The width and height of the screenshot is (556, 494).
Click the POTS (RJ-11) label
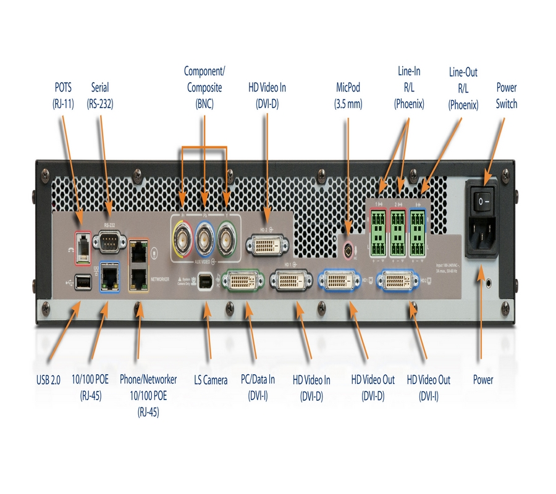(x=63, y=96)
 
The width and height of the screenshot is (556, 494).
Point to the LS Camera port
(x=208, y=282)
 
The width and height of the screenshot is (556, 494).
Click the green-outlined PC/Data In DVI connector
(x=246, y=282)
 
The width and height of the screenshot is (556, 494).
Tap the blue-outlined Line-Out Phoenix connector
(x=418, y=233)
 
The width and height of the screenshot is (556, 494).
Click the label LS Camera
(x=211, y=380)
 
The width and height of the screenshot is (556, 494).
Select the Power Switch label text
(x=506, y=96)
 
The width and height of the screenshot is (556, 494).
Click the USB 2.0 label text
(x=48, y=380)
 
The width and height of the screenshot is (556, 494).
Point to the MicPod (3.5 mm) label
(x=348, y=96)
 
